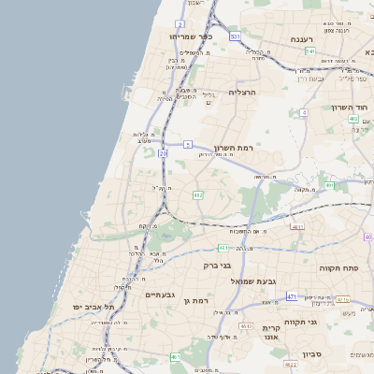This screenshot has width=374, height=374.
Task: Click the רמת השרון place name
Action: pyautogui.click(x=261, y=149)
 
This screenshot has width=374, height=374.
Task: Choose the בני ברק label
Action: pyautogui.click(x=217, y=266)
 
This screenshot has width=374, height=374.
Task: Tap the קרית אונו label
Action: pyautogui.click(x=272, y=332)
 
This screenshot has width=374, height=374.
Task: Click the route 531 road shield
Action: pyautogui.click(x=235, y=36)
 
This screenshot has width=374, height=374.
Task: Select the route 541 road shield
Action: pyautogui.click(x=309, y=51)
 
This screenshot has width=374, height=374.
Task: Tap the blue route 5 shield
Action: pyautogui.click(x=187, y=144)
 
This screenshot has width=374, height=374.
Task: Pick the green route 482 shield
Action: pyautogui.click(x=197, y=194)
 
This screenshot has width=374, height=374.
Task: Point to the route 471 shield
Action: pyautogui.click(x=291, y=296)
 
